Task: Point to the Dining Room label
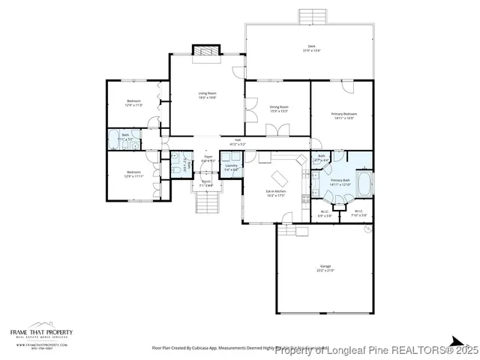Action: coord(279,109)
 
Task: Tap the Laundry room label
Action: coord(231,167)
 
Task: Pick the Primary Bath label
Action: coord(340,182)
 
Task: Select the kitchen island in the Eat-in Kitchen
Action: coord(278,178)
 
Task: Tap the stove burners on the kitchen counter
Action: coord(304,199)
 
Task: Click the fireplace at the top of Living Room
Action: coord(204,51)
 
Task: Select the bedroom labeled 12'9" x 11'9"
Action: coord(133,103)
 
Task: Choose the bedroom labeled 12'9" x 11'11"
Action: coord(133,174)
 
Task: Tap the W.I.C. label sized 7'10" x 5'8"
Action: coord(360,213)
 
